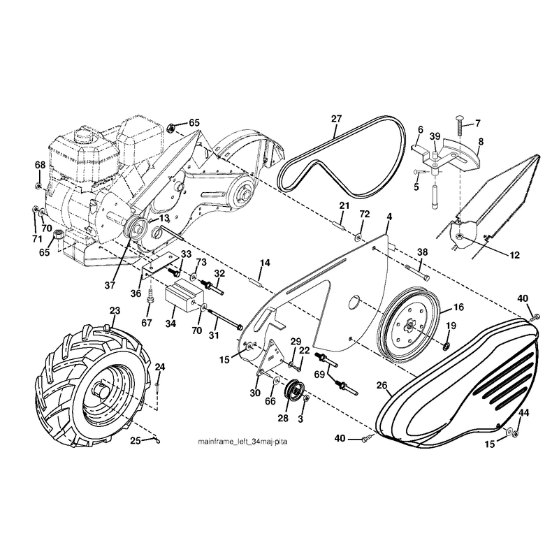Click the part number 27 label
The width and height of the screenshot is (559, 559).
tap(336, 119)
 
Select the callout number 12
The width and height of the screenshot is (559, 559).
tap(514, 255)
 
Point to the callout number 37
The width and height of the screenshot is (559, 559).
tap(110, 285)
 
